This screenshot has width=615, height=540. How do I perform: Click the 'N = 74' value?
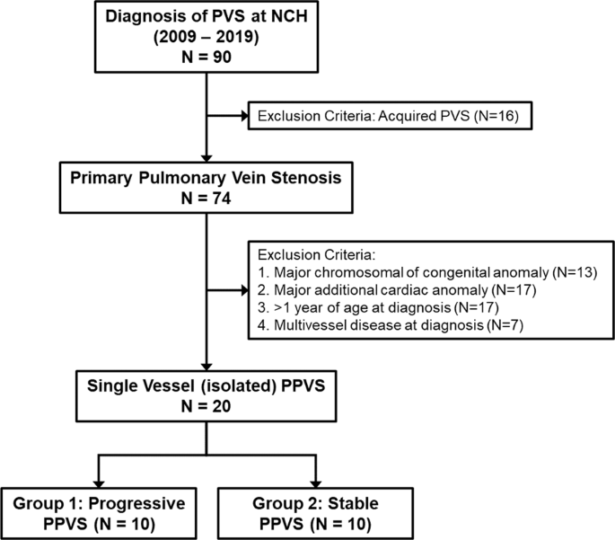tap(207, 199)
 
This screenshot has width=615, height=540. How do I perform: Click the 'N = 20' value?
tap(207, 409)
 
